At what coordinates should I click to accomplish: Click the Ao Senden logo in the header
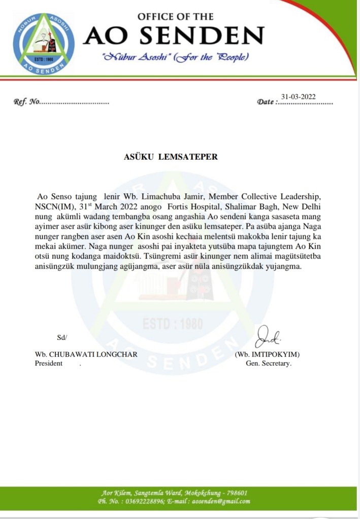coord(44,44)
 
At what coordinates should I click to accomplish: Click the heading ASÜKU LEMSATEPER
coord(171,157)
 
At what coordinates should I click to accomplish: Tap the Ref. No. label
coord(27,102)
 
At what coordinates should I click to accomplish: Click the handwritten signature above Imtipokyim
coord(270,336)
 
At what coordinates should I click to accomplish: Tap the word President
coord(49,363)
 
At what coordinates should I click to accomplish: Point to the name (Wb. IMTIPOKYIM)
coord(271,354)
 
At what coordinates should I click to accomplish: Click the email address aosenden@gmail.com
coord(222,501)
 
